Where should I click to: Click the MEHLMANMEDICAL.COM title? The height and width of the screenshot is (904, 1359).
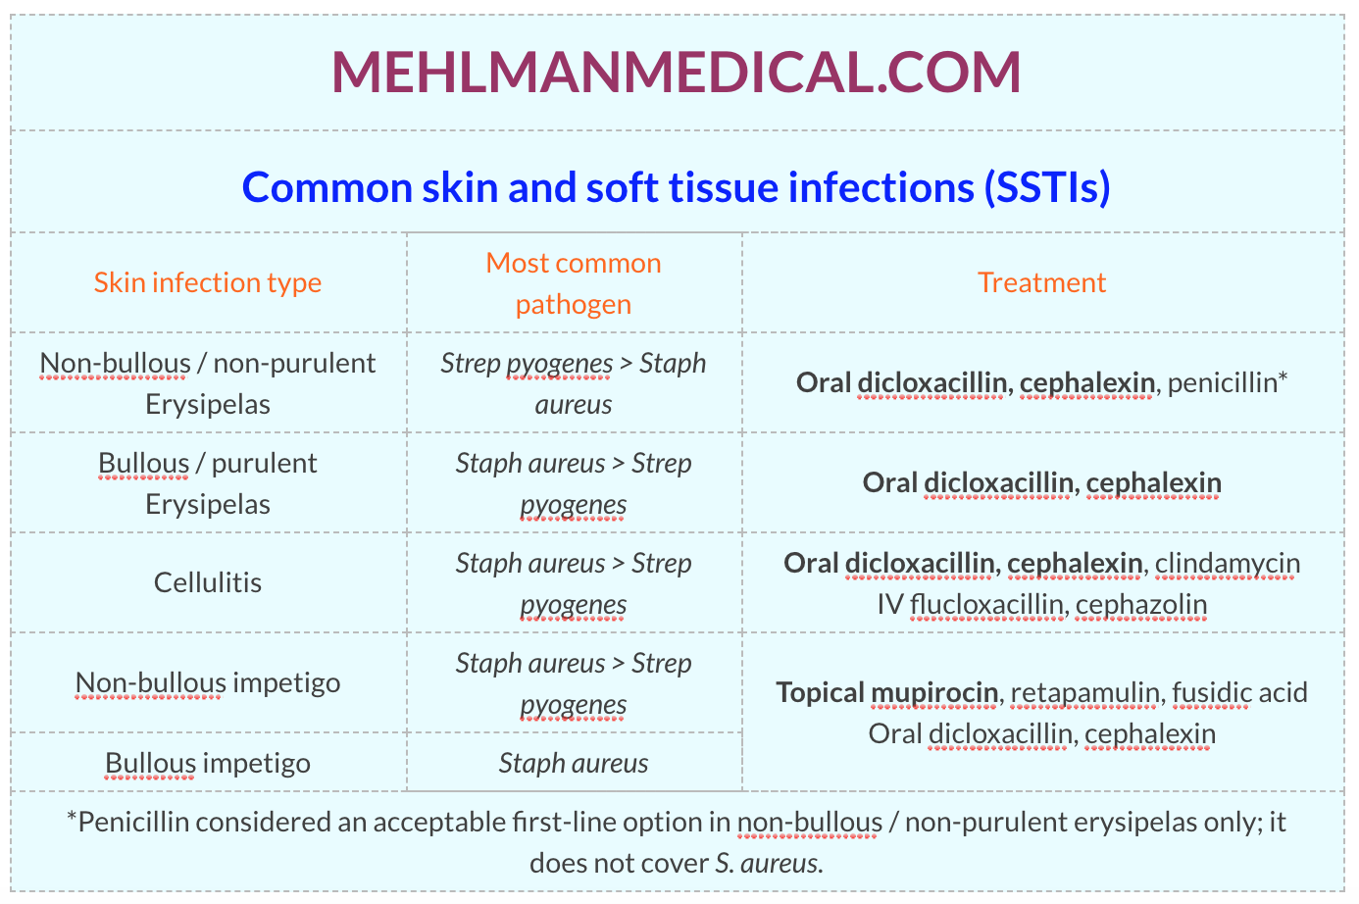677,73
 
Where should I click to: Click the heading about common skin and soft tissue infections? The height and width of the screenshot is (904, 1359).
677,187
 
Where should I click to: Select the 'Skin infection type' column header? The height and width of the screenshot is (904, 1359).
208,282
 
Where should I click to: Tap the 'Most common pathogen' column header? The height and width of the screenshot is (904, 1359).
574,283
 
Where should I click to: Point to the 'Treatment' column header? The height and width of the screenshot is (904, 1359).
1041,282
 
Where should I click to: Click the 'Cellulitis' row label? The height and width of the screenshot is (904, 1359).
208,582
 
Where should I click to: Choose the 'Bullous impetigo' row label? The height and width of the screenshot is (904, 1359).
208,763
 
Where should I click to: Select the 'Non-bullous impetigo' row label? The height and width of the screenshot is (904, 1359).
208,683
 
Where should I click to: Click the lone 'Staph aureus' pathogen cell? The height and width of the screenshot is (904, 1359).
574,763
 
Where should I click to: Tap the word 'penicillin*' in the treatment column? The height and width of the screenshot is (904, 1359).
1228,382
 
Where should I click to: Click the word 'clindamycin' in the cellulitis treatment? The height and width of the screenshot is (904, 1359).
1228,564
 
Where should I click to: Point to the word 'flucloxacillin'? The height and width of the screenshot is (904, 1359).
986,604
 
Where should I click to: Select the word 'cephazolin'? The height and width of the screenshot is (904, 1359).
1141,605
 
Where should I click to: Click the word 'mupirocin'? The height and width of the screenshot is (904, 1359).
934,693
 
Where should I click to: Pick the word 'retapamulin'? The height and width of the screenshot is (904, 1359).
1084,693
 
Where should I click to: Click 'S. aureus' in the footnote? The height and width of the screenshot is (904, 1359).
768,864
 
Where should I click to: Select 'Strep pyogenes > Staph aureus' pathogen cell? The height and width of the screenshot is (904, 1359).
574,383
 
